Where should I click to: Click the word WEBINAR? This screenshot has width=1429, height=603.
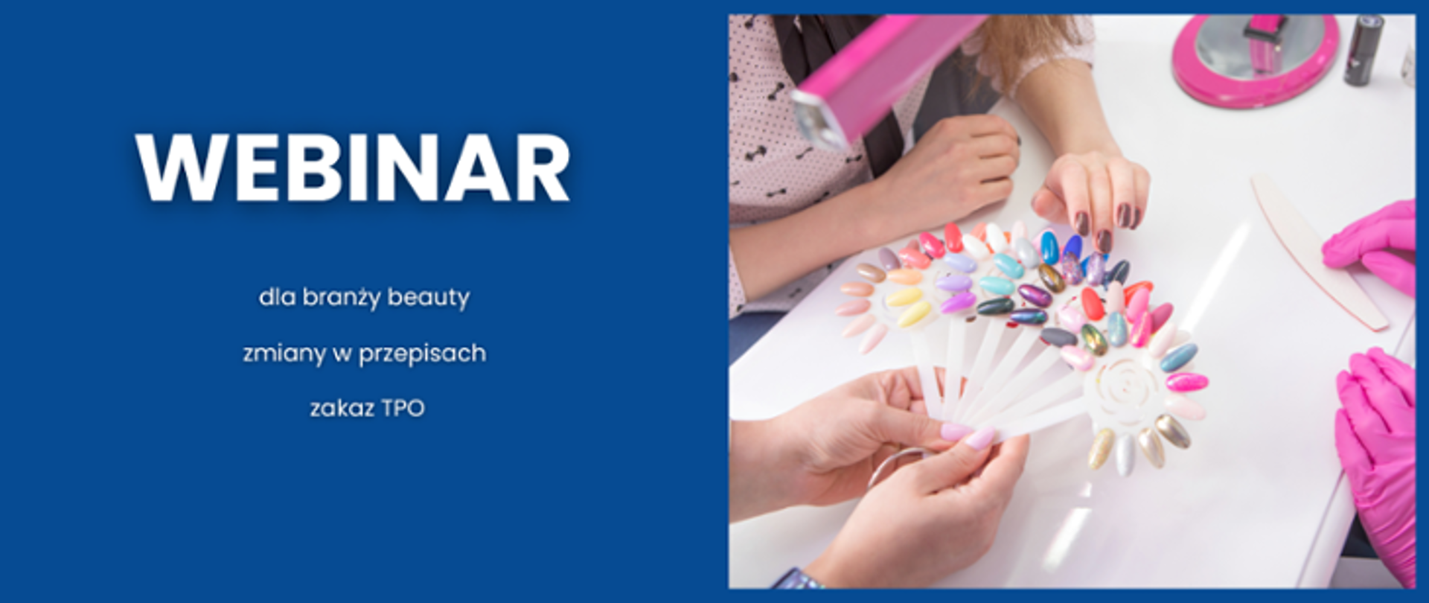pyautogui.click(x=353, y=167)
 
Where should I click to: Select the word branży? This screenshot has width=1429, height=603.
pyautogui.click(x=341, y=298)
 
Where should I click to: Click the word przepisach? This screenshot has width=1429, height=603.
pyautogui.click(x=422, y=354)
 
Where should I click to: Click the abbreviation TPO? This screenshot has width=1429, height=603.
pyautogui.click(x=403, y=409)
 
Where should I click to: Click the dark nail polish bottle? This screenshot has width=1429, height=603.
pyautogui.click(x=1363, y=49)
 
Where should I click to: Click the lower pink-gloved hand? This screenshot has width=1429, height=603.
pyautogui.click(x=1377, y=447)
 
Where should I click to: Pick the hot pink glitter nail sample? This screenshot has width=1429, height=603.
pyautogui.click(x=1186, y=382)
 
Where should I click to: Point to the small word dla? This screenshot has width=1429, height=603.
pyautogui.click(x=277, y=298)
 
